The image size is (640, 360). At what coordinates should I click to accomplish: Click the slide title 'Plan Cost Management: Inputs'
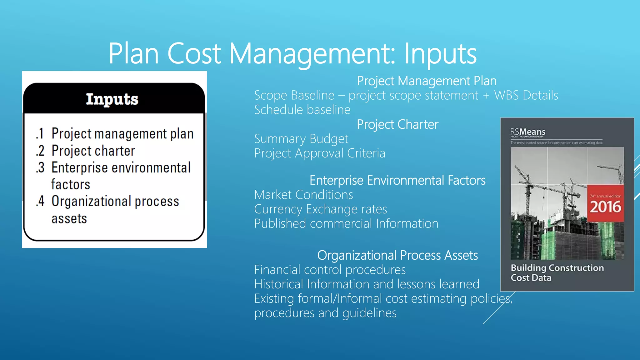point(292,54)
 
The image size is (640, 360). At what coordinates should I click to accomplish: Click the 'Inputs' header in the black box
point(112,99)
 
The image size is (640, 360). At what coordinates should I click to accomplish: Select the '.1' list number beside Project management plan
point(40,134)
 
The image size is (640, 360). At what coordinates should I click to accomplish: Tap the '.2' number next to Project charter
point(40,151)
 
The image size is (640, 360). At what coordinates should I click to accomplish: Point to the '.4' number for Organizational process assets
point(40,202)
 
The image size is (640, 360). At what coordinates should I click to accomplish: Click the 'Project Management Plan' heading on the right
point(427,81)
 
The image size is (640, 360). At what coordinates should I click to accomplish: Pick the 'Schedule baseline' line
point(302,110)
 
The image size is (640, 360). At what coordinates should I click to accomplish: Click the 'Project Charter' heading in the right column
point(397,125)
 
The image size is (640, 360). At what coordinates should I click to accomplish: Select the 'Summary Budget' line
point(301,139)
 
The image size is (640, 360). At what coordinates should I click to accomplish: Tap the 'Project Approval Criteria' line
point(320,153)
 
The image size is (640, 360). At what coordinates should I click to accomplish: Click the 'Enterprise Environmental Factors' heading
point(397,181)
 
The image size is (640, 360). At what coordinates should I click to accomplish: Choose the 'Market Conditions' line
point(303,195)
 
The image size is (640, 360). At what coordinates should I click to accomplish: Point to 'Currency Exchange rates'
point(320,209)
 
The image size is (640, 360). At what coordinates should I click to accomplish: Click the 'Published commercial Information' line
point(346,224)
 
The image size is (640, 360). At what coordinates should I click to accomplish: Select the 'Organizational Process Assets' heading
point(397,256)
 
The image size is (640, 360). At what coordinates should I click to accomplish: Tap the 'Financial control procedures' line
point(330,270)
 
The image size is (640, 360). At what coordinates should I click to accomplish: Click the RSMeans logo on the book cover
point(528,132)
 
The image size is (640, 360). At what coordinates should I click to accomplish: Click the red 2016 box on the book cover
point(605,204)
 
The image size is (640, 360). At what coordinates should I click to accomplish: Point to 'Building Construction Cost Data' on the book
point(557,273)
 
